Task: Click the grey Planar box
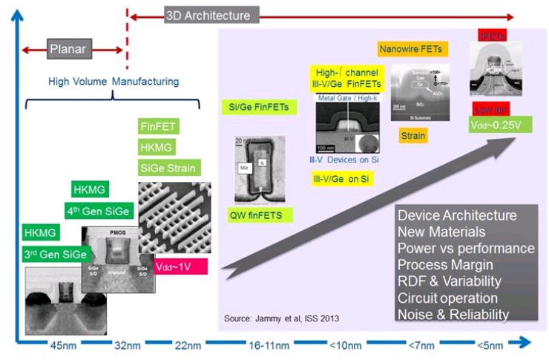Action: [x=68, y=50]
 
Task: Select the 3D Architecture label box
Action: [x=207, y=15]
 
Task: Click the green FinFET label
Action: [x=157, y=126]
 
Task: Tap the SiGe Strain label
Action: [x=170, y=168]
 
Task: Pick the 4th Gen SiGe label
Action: [x=97, y=211]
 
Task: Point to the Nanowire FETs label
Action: [x=411, y=50]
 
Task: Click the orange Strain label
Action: [x=412, y=136]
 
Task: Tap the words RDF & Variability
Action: [x=450, y=281]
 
